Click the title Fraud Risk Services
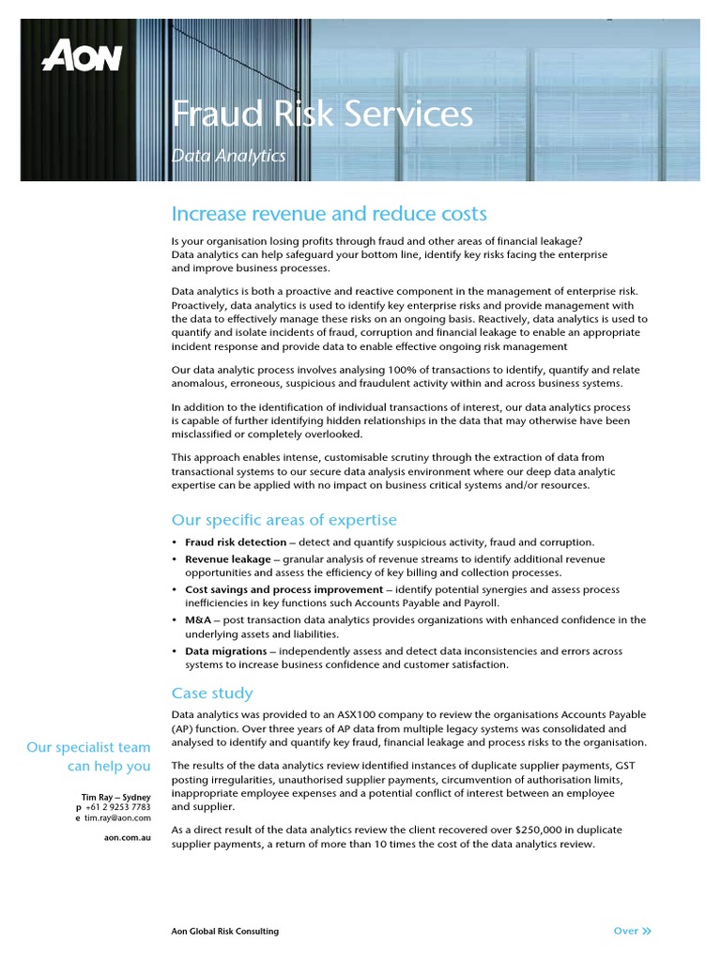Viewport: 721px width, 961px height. (322, 114)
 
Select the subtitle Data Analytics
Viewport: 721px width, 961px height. (228, 156)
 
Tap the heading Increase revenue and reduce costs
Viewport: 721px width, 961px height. (329, 214)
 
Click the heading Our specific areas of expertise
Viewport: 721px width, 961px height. (284, 520)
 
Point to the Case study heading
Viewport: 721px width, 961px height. (212, 693)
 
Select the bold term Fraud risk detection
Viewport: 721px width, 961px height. (236, 542)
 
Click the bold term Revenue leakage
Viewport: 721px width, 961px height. (228, 559)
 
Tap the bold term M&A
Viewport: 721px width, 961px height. (198, 620)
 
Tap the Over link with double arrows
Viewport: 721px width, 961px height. (632, 931)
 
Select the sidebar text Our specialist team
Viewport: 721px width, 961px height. (88, 747)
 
